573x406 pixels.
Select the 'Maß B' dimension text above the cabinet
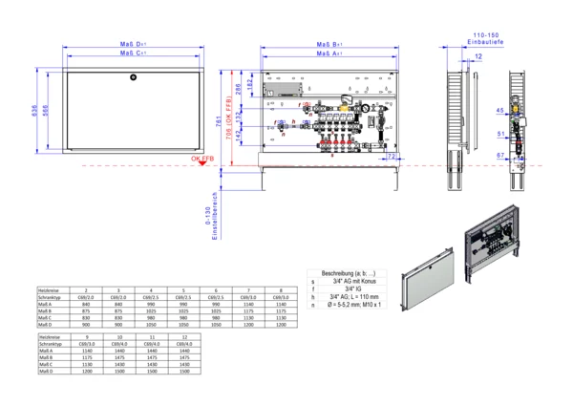point(331,45)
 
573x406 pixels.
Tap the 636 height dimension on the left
point(35,113)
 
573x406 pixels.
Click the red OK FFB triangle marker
point(203,163)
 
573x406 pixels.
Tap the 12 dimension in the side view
point(477,58)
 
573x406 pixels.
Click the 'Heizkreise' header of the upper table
point(50,289)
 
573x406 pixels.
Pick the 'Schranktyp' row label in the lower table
point(51,344)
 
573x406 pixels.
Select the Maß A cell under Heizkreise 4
point(151,304)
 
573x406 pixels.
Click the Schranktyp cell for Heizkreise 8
point(281,296)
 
